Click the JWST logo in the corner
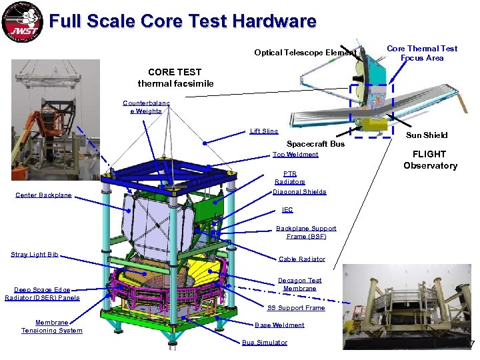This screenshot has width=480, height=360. (x=22, y=23)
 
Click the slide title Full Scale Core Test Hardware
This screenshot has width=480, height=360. (x=183, y=21)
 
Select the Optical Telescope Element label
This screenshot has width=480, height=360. (x=305, y=53)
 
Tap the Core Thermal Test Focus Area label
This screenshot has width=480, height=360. (x=422, y=53)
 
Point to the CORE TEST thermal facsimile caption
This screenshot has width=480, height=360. (x=175, y=77)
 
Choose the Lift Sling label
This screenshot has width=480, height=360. (x=264, y=131)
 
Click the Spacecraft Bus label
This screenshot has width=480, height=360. (x=315, y=144)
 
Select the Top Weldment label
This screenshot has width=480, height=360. (x=295, y=155)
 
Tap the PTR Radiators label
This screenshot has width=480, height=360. (x=290, y=177)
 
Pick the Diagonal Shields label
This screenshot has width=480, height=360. (x=299, y=192)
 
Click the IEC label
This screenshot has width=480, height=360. (x=287, y=210)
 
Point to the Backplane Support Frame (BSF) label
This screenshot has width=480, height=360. (x=306, y=232)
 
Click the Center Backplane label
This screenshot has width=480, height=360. (x=43, y=195)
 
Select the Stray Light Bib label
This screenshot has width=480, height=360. (x=35, y=254)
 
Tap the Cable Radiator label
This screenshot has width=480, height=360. (x=302, y=259)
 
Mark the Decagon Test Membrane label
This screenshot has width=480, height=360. (x=299, y=285)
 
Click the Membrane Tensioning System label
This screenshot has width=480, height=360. (x=52, y=327)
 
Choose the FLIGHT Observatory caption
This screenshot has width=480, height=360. (x=430, y=160)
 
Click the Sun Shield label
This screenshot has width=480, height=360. (x=427, y=135)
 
